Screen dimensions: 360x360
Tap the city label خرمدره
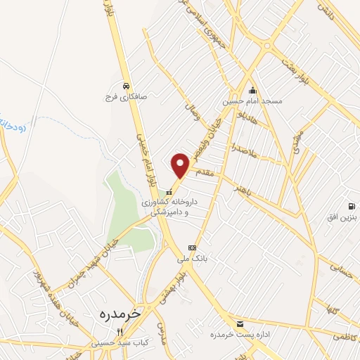tap(116, 311)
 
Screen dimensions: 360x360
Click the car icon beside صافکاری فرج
tap(125, 86)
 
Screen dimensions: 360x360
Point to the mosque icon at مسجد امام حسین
tap(252, 90)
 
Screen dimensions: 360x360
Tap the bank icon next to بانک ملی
tap(192, 247)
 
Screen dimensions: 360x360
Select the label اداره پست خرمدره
tap(240, 335)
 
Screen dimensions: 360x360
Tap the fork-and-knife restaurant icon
tap(120, 333)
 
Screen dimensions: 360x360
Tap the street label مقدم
tap(207, 171)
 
